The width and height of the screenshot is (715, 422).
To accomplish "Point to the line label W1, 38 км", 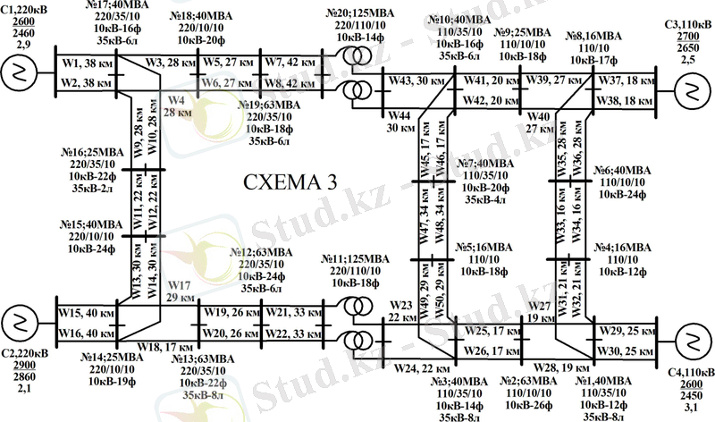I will click(x=85, y=63).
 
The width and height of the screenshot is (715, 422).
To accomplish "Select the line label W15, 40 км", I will click(x=87, y=313).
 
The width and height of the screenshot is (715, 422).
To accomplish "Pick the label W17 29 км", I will click(x=179, y=291).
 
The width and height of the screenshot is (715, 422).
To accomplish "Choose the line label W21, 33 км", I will click(x=291, y=313).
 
